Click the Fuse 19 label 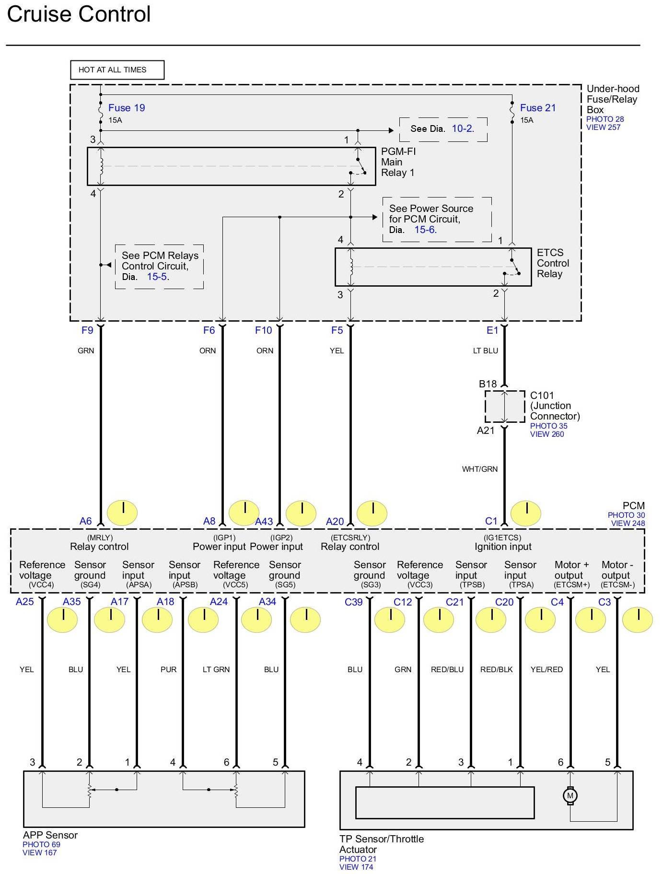tap(127, 108)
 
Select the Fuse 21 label tap(537, 108)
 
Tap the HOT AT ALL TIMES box tap(117, 70)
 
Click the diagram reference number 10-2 tap(462, 128)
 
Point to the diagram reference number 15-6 tap(425, 230)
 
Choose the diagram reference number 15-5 tap(157, 277)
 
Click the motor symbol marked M tap(570, 796)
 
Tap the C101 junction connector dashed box tap(504, 407)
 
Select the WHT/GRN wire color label tap(479, 469)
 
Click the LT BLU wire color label tap(485, 350)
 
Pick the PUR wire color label tap(168, 669)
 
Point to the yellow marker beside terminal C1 tap(526, 513)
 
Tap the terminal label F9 tap(87, 330)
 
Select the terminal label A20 tap(335, 521)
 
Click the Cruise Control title tap(79, 14)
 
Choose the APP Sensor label tap(50, 835)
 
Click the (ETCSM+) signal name tap(571, 585)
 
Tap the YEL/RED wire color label tap(547, 669)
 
